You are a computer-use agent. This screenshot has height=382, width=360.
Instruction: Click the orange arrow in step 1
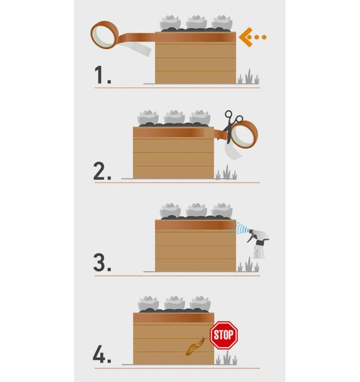coord(252,37)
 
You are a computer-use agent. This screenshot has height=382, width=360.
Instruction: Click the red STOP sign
coord(224,335)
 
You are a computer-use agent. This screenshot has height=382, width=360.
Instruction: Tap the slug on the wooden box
coord(196,346)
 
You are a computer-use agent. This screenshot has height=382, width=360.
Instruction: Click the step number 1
coord(102,75)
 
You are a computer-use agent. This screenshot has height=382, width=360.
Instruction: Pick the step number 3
coord(102,263)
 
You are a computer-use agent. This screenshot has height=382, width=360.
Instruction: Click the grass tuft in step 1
coord(248,77)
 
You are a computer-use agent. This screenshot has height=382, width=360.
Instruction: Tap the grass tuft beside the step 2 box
coord(226,172)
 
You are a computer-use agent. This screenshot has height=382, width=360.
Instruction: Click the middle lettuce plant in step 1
coord(196,22)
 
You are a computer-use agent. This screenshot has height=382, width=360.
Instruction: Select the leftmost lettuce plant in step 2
coord(148,117)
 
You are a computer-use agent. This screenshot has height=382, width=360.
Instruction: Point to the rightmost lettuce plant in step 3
coord(222,210)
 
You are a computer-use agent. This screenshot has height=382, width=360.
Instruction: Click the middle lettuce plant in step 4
coord(174,303)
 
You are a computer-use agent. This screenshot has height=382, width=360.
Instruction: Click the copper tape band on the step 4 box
coord(173,318)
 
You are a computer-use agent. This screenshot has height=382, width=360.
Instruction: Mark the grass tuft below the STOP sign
coord(226,358)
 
